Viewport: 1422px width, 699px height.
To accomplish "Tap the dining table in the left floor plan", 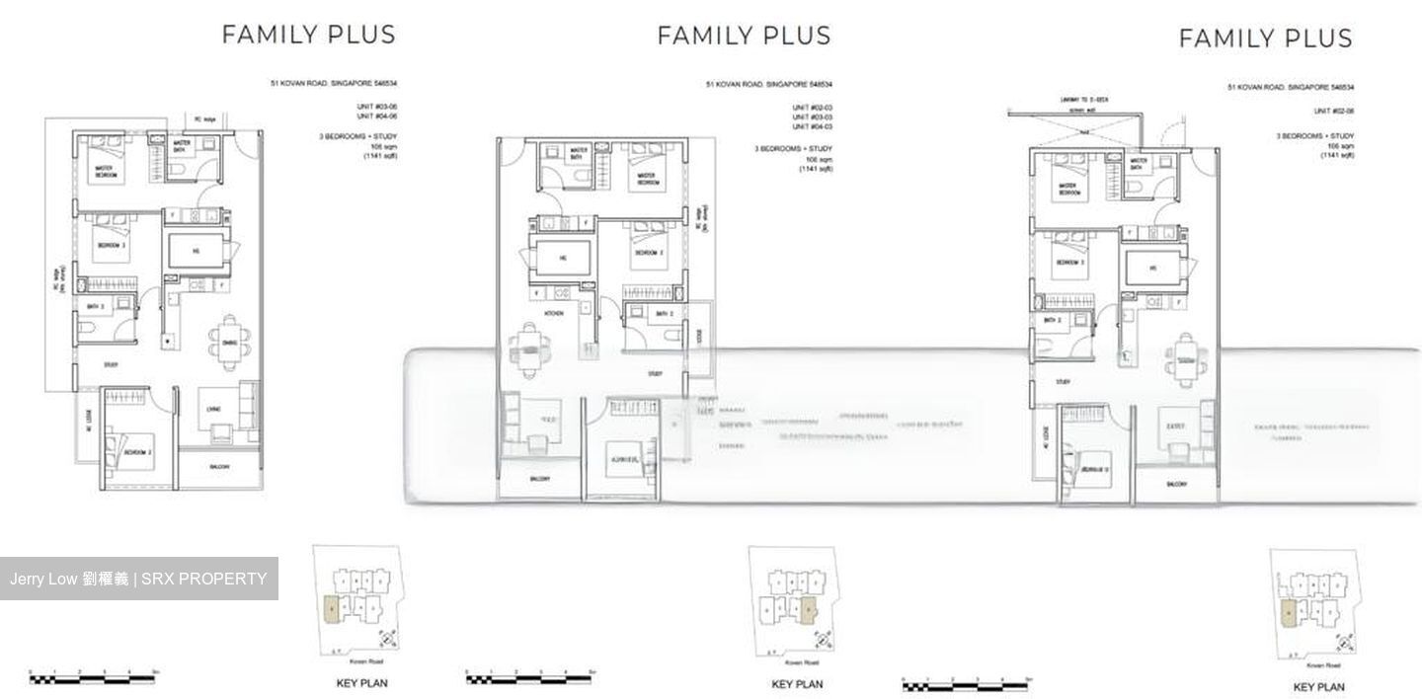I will (x=229, y=339).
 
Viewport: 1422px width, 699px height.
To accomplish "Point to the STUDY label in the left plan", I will (x=111, y=365).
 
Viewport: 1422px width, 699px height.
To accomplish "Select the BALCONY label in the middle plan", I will (x=539, y=479).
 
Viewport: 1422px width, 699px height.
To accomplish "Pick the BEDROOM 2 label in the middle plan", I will (x=647, y=252).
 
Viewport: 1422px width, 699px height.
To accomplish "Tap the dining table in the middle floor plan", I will (x=522, y=348).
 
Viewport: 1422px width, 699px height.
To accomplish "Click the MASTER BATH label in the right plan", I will (x=1139, y=162).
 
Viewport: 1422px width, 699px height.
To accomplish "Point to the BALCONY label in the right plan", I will (x=1176, y=485).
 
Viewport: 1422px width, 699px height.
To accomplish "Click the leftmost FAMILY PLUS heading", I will (x=308, y=35).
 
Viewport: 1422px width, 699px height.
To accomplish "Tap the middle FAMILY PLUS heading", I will (x=744, y=36).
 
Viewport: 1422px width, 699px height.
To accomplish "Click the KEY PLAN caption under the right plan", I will (x=1318, y=687).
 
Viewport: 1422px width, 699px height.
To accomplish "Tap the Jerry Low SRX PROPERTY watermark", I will (x=138, y=579).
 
